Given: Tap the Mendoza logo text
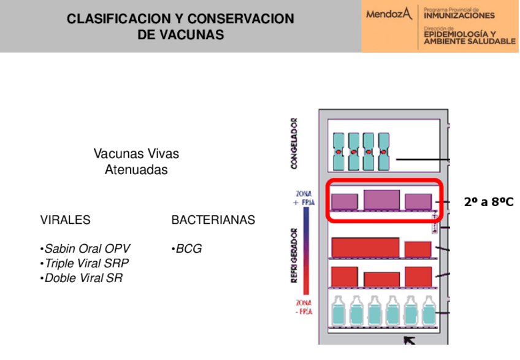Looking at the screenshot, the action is (389, 13).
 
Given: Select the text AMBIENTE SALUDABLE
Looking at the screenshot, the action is (469, 41).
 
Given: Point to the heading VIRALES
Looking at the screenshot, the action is (65, 220).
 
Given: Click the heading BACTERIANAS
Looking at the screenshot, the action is (213, 220).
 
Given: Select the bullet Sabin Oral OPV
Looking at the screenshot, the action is (86, 249).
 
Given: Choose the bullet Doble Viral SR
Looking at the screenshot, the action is (82, 278).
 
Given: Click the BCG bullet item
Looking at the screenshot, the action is (187, 249).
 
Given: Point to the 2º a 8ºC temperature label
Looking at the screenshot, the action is (489, 202).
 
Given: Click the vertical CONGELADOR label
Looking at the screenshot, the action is (294, 144).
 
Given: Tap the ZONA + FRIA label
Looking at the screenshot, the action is (304, 198).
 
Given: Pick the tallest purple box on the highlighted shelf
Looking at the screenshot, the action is (381, 200).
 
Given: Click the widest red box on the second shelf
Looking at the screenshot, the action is (365, 247).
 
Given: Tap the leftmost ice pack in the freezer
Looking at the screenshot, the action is (338, 151).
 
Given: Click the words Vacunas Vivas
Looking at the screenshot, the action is (136, 153).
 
